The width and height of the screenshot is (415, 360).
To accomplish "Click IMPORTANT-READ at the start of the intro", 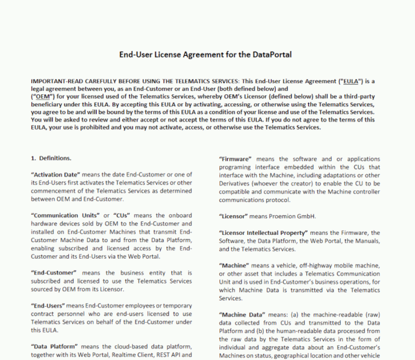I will point(55,81).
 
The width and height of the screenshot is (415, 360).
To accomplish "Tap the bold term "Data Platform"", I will point(56,346).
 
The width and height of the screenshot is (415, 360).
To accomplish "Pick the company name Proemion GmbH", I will point(295,216).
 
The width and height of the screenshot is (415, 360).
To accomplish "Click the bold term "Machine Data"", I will point(240,315).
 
